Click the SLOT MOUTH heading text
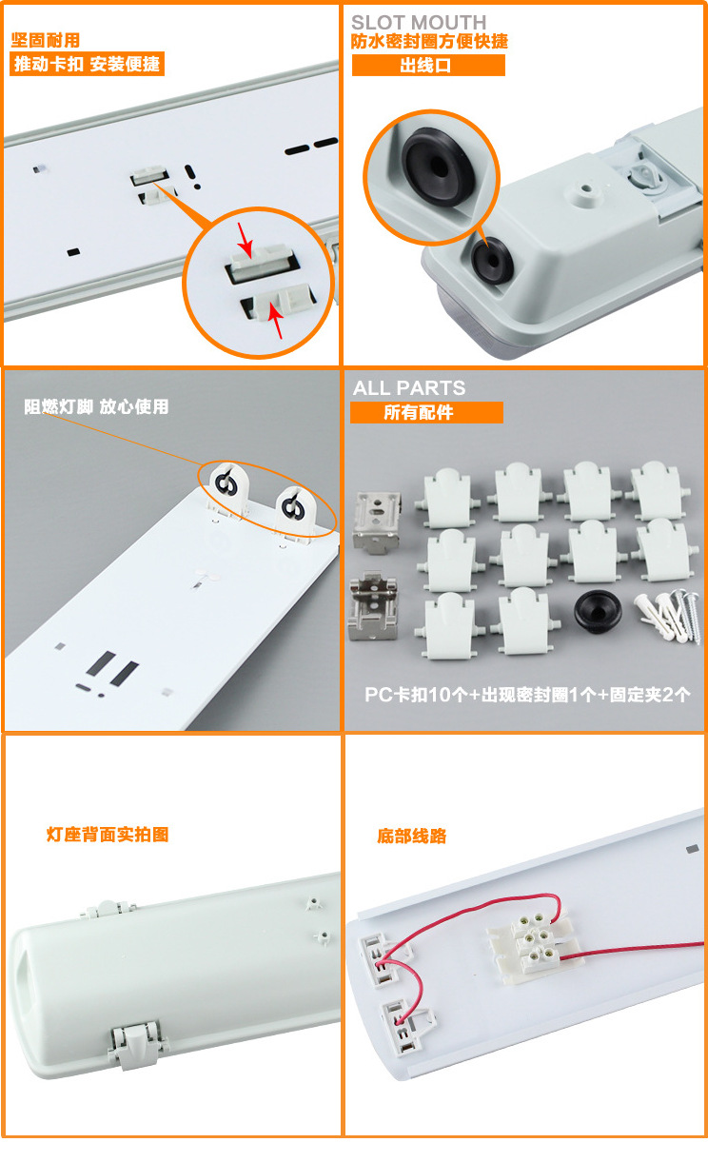(x=419, y=22)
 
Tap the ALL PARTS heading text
(x=409, y=388)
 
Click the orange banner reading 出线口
(x=428, y=66)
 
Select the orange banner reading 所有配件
(x=426, y=412)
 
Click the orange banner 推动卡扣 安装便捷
(x=87, y=64)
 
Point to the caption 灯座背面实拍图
(x=108, y=835)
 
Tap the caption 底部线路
(x=411, y=836)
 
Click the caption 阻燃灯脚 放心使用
(x=96, y=406)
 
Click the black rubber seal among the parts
(x=598, y=611)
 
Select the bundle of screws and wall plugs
(x=667, y=616)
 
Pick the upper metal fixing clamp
(x=377, y=522)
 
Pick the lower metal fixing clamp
(x=373, y=606)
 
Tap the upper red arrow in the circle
(x=245, y=239)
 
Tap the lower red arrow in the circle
(x=276, y=321)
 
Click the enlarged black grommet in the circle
(x=439, y=167)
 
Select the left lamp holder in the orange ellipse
(x=227, y=488)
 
